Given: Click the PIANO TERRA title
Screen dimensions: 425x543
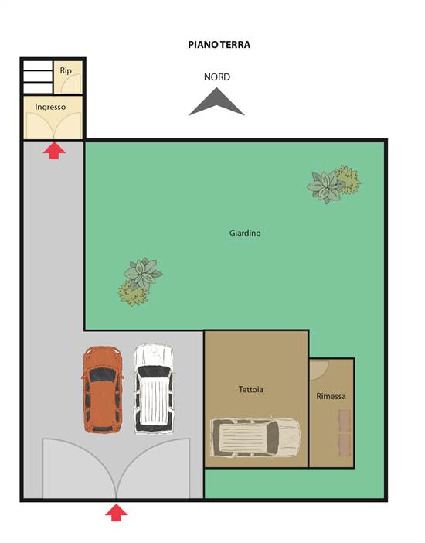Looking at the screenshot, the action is click(x=219, y=45).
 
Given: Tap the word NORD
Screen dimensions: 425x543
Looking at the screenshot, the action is click(x=217, y=77).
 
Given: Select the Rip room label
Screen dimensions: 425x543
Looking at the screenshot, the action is click(x=66, y=70).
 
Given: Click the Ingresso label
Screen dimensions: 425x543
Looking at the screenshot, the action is click(x=50, y=107).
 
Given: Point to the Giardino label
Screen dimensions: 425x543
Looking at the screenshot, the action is click(x=245, y=233).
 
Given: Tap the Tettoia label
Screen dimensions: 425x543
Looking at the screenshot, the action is click(x=251, y=389).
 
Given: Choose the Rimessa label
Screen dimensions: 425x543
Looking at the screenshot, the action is click(x=331, y=396).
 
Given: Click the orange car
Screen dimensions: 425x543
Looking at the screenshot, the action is click(x=103, y=390).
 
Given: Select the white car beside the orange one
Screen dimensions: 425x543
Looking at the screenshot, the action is click(x=154, y=389).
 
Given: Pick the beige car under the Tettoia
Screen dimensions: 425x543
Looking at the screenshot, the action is click(x=256, y=437).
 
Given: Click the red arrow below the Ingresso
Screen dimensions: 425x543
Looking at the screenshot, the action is click(x=55, y=151).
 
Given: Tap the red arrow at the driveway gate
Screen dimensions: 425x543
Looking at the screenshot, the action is click(x=116, y=513).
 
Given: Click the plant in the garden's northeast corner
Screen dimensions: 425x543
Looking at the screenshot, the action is click(x=333, y=184).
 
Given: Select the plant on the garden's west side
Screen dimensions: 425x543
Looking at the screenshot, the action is click(x=140, y=282).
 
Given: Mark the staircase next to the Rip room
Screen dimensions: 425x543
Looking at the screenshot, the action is click(x=38, y=77).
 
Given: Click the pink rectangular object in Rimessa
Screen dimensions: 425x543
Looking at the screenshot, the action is click(x=345, y=433).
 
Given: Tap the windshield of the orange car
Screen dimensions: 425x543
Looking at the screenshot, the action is click(x=103, y=375).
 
